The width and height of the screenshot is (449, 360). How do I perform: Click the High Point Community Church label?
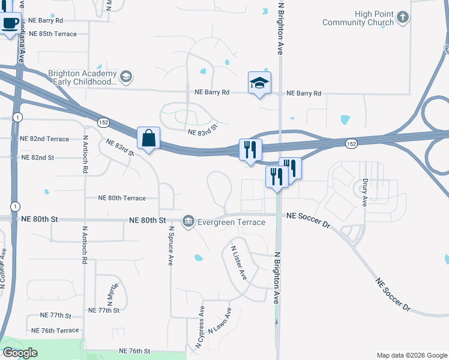tap(358, 18)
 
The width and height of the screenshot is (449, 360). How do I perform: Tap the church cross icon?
tap(403, 17)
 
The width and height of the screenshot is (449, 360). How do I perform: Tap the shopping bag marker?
tap(148, 139)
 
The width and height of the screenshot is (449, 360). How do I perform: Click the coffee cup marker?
tap(10, 23)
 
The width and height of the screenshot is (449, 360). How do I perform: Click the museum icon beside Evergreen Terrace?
tap(188, 222)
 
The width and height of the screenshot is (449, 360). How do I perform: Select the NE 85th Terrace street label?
tap(53, 34)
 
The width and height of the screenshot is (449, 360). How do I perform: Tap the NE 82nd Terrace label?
tap(44, 139)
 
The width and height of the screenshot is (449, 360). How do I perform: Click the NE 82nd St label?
tap(37, 157)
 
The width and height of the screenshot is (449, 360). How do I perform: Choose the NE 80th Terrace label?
tap(122, 198)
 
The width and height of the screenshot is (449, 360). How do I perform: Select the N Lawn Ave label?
tap(220, 322)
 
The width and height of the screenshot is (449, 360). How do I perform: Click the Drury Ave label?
tap(364, 192)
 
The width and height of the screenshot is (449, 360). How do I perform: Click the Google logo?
tap(20, 353)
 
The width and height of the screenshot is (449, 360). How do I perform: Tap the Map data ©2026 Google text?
tap(412, 355)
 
